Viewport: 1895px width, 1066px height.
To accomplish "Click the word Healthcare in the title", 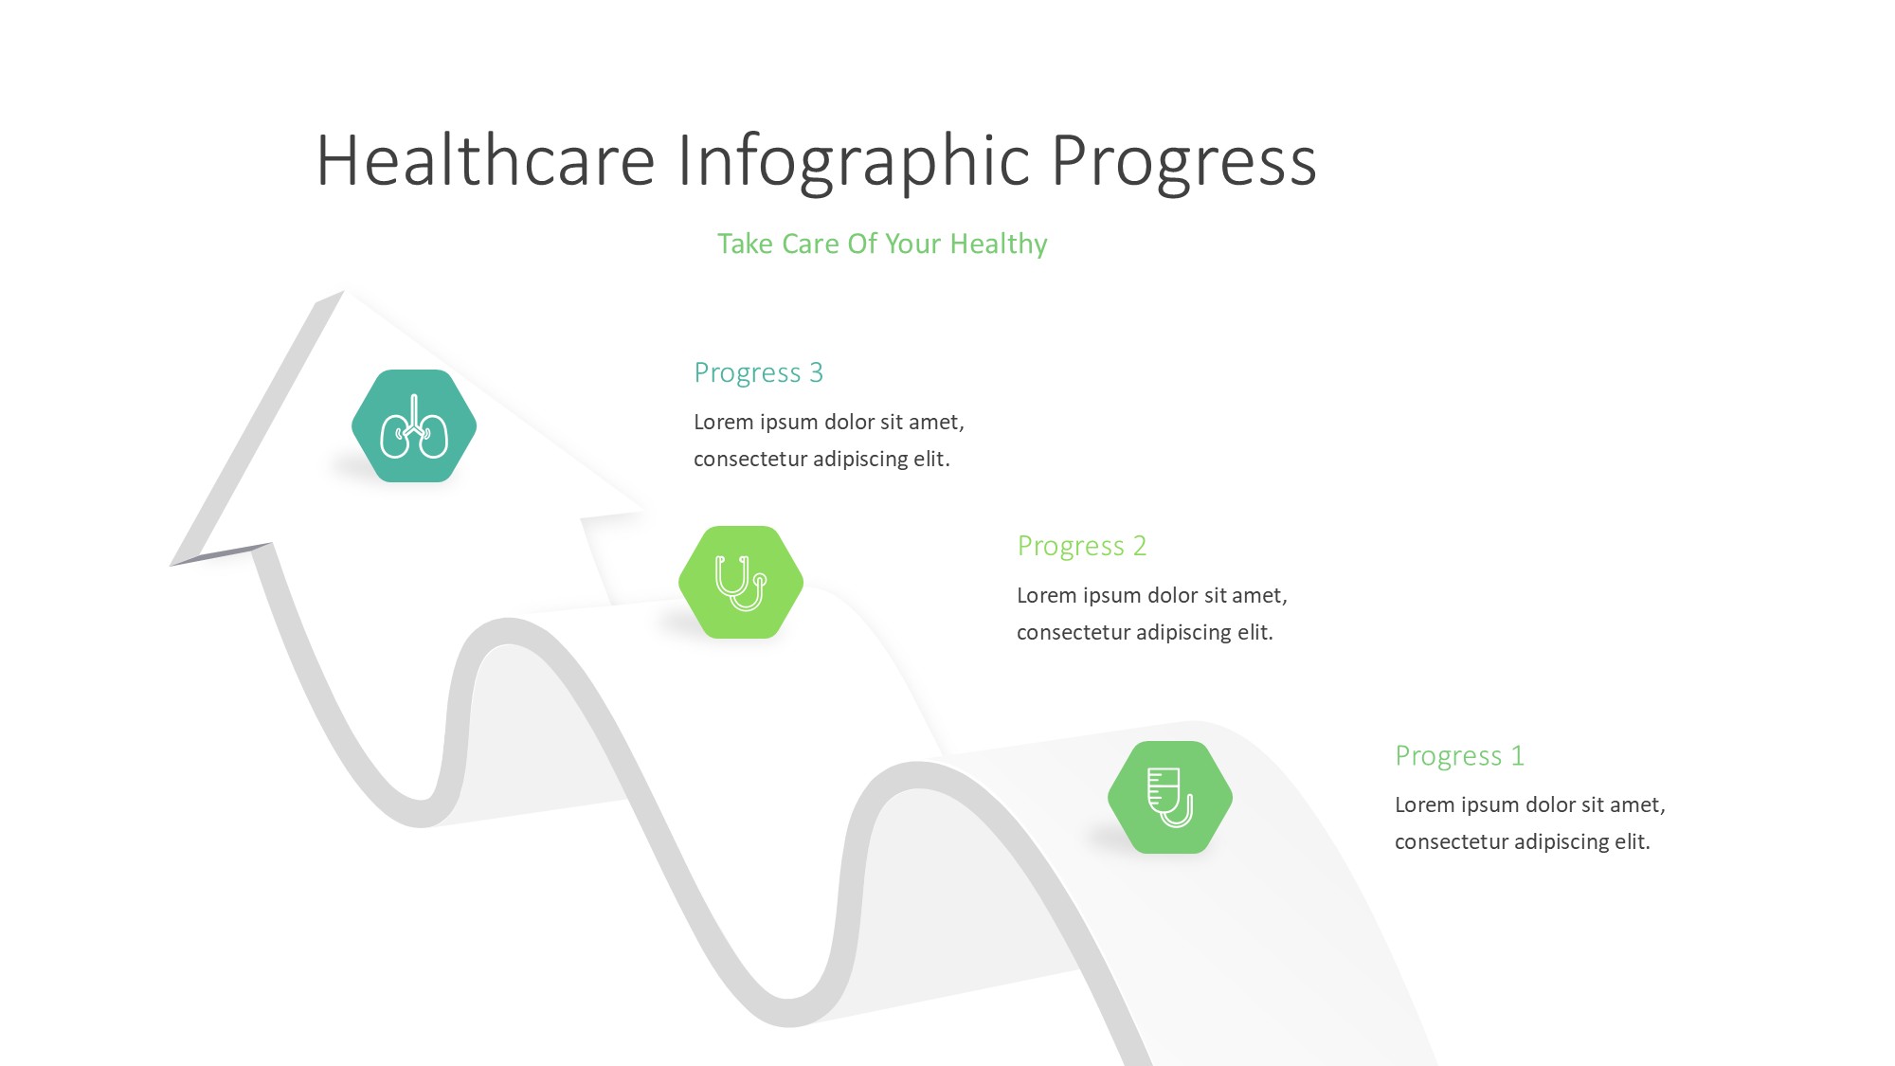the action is pos(486,160).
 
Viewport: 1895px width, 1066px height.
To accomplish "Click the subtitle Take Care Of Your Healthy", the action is pos(882,244).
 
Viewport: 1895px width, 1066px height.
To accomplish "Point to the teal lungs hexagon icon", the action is pos(414,426).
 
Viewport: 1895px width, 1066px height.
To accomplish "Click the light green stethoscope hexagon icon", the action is pos(741,583).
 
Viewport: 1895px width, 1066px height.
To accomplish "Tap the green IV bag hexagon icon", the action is pos(1170,798).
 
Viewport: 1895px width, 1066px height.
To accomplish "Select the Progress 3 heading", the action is pos(759,373).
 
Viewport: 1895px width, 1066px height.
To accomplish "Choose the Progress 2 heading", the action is pos(1082,547).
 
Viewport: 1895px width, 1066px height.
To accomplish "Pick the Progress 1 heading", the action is pos(1460,756).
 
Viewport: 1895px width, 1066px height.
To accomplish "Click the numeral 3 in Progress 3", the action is pos(816,372).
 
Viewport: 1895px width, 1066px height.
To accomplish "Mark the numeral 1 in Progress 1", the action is pos(1517,755).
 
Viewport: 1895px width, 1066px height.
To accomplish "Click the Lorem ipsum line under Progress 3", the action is pos(829,423).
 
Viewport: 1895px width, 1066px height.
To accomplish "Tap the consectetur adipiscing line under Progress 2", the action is pos(1145,633).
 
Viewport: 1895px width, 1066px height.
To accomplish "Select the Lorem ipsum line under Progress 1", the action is pos(1530,805).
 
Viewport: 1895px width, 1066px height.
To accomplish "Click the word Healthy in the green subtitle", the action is pos(999,244).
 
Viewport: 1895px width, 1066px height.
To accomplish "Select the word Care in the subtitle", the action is pos(811,244).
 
